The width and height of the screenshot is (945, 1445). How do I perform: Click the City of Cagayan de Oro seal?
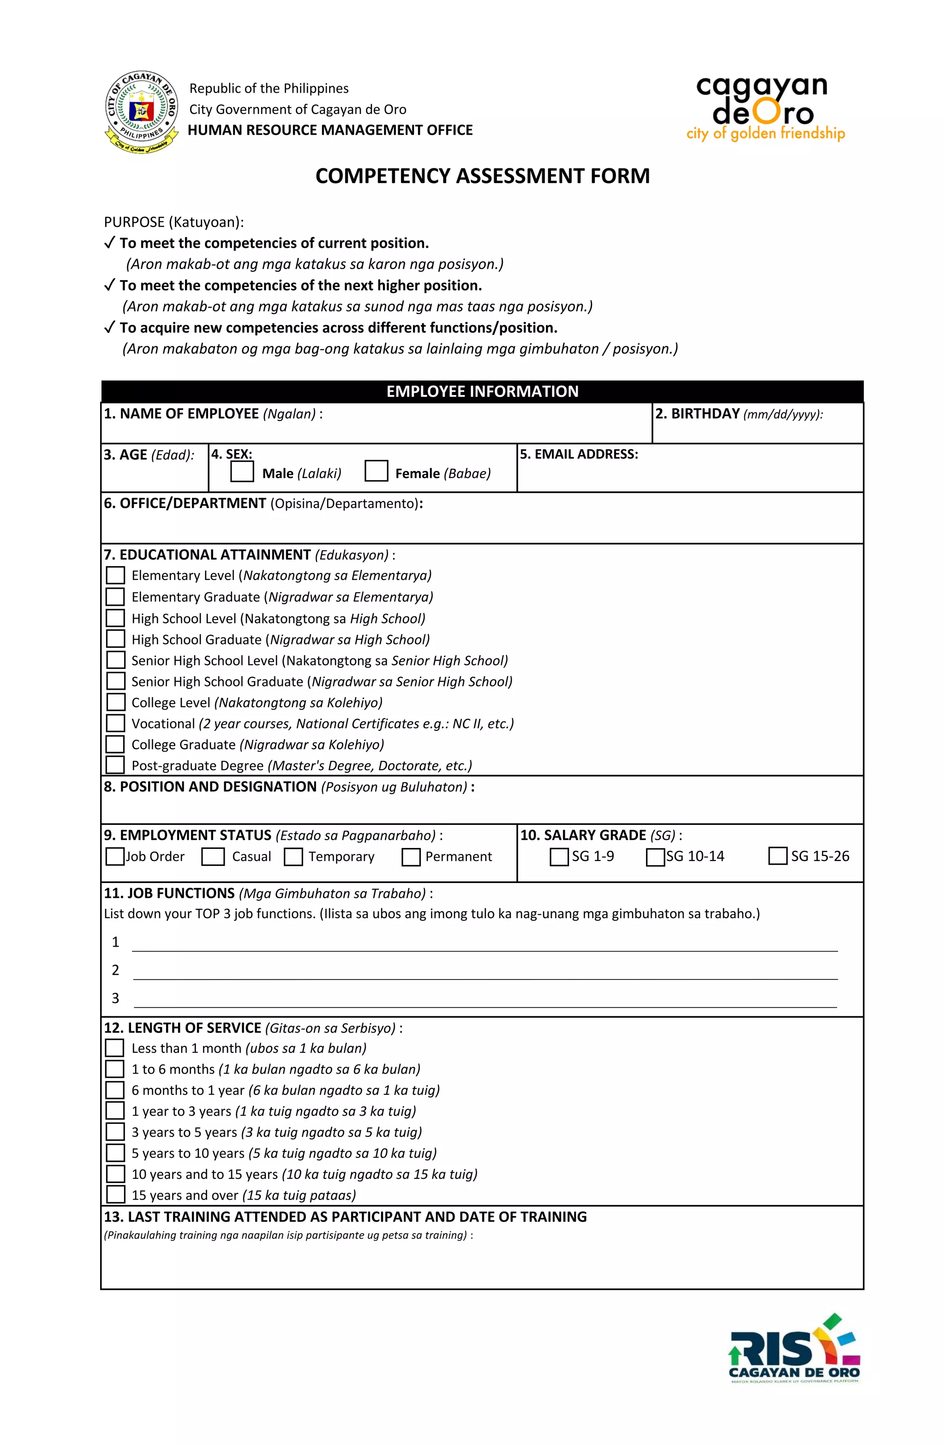(x=142, y=112)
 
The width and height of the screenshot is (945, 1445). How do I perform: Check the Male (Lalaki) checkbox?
(x=242, y=472)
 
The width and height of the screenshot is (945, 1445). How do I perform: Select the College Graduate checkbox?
(x=115, y=744)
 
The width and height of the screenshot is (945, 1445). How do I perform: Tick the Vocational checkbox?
(x=115, y=723)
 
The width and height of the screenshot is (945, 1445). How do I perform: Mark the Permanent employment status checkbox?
(x=411, y=857)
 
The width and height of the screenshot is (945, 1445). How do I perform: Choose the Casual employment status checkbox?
(x=213, y=857)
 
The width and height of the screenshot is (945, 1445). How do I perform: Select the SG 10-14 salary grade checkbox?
(x=655, y=857)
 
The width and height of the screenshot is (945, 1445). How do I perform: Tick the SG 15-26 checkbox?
(x=778, y=856)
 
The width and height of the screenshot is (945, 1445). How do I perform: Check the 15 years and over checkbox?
(x=115, y=1194)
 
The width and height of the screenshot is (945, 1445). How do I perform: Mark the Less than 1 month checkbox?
(x=115, y=1048)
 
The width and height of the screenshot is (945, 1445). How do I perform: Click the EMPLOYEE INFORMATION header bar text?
(x=482, y=392)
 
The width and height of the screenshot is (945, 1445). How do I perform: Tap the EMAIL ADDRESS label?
(x=579, y=454)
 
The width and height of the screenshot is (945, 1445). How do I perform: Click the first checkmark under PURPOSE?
(x=109, y=243)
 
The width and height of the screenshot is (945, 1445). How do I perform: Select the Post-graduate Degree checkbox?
(x=115, y=765)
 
